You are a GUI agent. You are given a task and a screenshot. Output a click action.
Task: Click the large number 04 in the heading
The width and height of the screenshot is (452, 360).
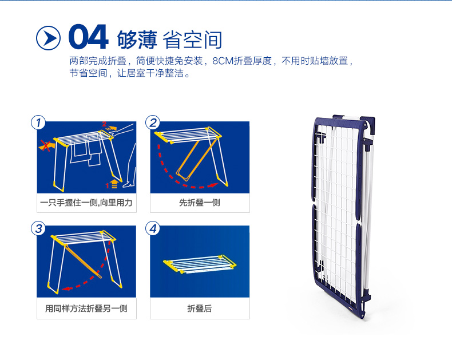88,37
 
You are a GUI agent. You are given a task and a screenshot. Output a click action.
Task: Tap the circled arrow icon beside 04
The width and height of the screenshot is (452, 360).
48,38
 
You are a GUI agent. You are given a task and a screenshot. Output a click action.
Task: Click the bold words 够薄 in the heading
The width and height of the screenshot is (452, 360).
137,39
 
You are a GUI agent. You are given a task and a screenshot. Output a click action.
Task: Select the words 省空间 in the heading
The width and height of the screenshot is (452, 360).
192,39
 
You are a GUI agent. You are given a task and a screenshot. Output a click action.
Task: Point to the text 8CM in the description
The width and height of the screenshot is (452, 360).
223,61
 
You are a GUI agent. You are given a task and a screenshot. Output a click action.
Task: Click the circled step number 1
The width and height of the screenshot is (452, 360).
38,122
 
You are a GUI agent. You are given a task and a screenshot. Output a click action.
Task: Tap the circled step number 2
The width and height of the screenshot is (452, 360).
153,122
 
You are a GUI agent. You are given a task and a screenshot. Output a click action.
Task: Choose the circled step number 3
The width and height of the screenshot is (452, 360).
38,228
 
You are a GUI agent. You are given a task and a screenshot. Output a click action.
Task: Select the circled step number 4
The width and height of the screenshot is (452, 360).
153,228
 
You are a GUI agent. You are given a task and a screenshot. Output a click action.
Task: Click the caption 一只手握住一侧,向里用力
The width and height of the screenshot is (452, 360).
86,203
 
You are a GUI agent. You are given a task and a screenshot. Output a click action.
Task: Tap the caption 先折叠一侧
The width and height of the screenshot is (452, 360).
200,203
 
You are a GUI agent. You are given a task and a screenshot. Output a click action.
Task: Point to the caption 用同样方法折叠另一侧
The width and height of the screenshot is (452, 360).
86,308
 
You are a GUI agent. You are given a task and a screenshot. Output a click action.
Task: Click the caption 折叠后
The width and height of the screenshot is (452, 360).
200,308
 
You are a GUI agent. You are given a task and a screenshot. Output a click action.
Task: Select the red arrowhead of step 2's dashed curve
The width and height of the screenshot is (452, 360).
213,185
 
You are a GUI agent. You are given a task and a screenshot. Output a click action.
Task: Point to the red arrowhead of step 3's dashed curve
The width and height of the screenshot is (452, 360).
66,288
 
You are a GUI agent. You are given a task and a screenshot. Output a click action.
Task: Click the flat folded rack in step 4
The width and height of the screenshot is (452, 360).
200,264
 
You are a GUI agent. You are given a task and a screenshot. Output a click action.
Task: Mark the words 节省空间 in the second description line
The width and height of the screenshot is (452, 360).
88,73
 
